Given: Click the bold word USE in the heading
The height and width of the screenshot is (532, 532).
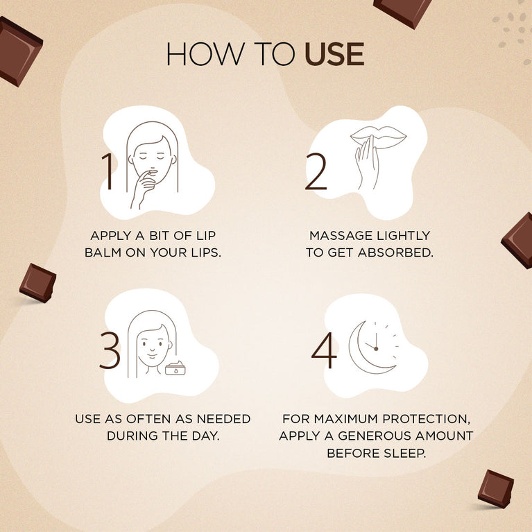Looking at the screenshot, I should click(x=334, y=55).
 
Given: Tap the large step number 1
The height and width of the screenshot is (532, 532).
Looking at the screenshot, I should click(x=108, y=172).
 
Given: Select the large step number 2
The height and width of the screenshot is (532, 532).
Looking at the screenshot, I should click(x=316, y=172).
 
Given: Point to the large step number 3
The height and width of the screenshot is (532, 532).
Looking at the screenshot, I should click(x=110, y=351).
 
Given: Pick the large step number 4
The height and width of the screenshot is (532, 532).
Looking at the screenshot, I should click(x=323, y=351).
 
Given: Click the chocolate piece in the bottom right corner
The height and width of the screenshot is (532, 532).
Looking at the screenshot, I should click(x=496, y=488).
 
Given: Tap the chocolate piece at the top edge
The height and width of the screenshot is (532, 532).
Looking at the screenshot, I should click(x=403, y=10).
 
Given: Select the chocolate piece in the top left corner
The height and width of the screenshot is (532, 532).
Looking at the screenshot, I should click(x=18, y=51).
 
